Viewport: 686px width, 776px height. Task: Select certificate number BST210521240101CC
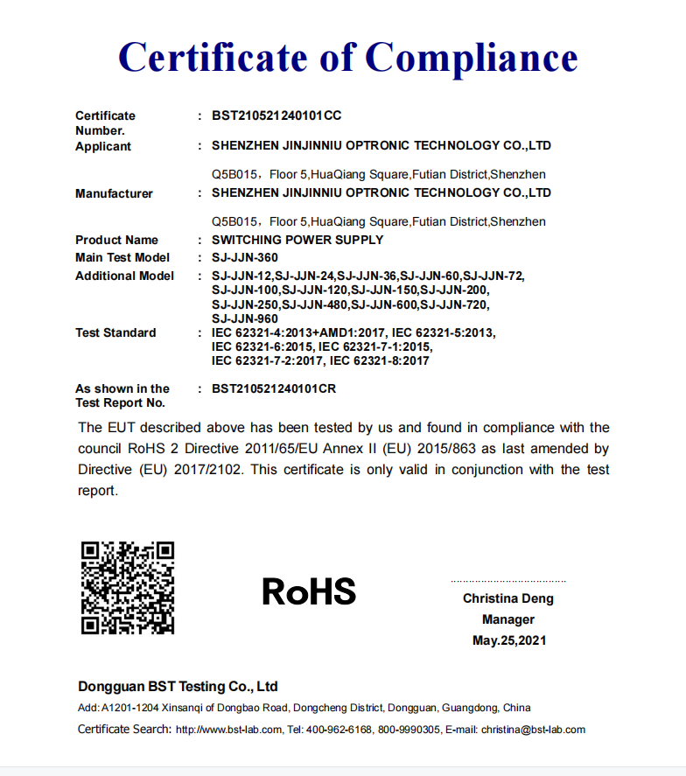(x=276, y=115)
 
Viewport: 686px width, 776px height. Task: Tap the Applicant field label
(x=103, y=146)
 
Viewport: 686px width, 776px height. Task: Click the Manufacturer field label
(x=114, y=193)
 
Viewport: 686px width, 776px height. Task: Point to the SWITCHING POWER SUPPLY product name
(x=297, y=240)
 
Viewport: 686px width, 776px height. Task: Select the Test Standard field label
(x=115, y=332)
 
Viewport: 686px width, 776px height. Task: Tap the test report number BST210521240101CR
(x=275, y=388)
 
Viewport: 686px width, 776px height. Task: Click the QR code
(x=128, y=588)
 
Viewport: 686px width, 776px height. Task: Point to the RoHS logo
(x=309, y=592)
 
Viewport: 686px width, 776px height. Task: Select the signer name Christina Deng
(x=508, y=599)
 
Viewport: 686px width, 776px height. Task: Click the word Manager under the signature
(x=508, y=619)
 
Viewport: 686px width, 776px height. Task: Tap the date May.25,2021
(x=509, y=640)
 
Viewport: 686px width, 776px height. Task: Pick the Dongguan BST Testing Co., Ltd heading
(x=178, y=687)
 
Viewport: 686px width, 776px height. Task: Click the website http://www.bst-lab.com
(x=229, y=730)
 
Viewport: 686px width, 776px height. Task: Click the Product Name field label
(x=116, y=240)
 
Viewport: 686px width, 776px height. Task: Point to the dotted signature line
(x=508, y=581)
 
